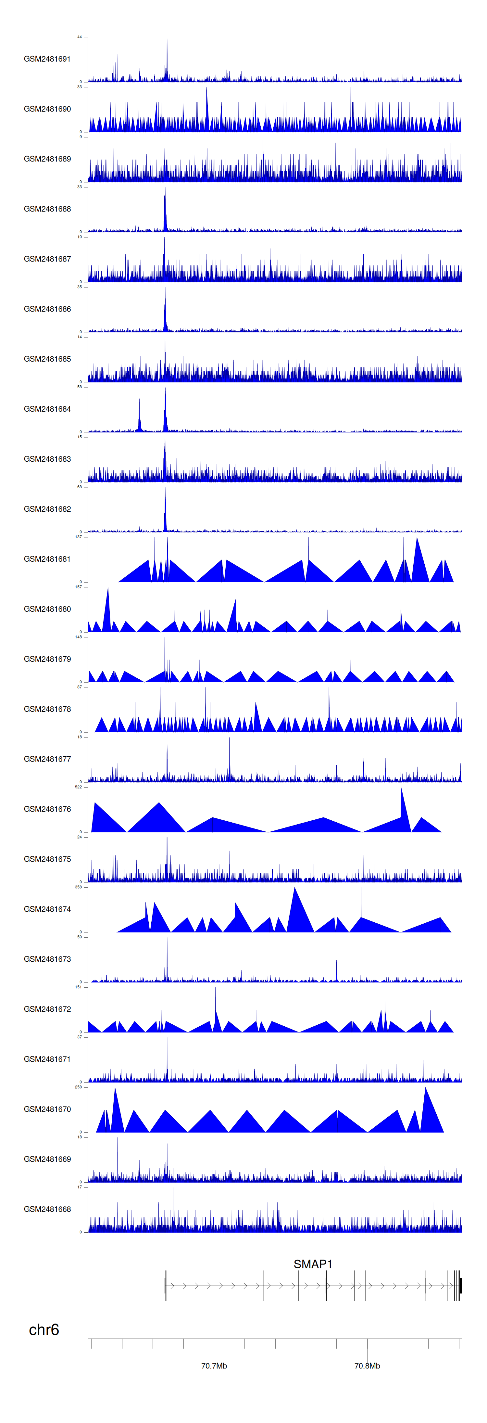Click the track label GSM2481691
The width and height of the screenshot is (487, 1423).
[47, 59]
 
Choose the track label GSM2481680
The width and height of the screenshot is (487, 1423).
[47, 609]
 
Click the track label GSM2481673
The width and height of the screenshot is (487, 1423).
[47, 959]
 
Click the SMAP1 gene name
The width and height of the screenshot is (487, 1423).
[313, 1264]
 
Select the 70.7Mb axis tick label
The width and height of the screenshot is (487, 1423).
[214, 1365]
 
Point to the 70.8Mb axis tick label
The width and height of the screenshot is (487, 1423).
[367, 1365]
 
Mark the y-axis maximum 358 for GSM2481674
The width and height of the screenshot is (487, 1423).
[78, 887]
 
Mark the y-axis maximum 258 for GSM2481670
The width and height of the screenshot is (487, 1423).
[78, 1087]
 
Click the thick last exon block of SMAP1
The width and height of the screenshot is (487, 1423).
[460, 1286]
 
